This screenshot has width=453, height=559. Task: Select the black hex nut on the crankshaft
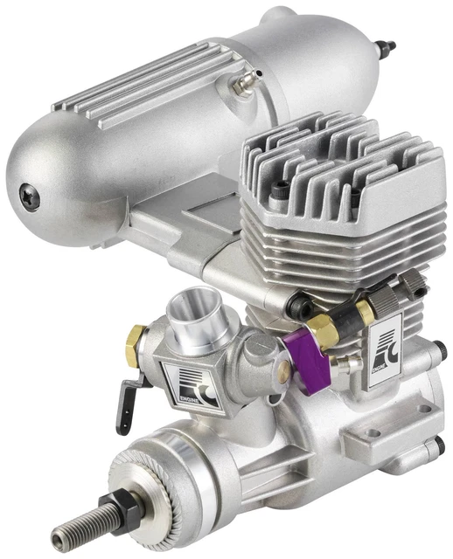(x=110, y=507)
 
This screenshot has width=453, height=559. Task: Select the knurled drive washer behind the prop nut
(x=149, y=480)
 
